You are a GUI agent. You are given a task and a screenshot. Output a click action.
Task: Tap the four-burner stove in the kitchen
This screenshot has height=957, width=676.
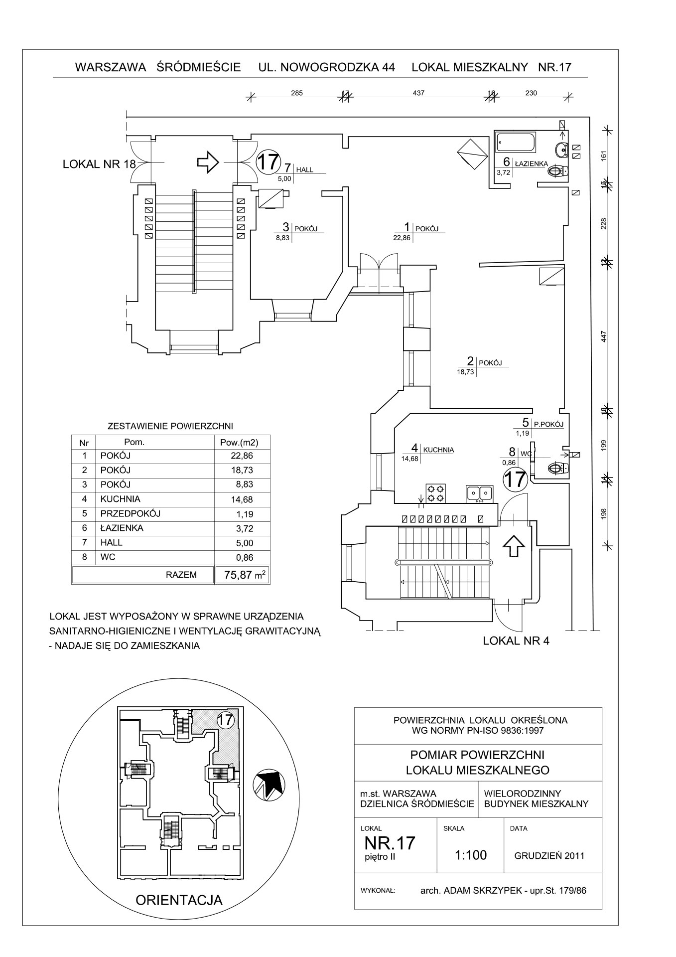[435, 492]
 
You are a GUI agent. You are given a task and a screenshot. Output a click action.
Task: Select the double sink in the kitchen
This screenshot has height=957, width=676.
[479, 492]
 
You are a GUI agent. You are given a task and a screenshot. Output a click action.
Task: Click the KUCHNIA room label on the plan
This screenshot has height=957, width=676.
[438, 450]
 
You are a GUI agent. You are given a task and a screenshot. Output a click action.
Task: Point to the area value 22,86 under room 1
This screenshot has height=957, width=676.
[402, 238]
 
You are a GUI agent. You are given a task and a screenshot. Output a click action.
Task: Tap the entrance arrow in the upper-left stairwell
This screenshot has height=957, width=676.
[208, 161]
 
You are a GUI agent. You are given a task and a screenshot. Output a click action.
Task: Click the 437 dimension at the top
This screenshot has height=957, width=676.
[418, 93]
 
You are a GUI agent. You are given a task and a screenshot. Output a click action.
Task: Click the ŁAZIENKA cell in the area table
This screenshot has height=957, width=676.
[122, 528]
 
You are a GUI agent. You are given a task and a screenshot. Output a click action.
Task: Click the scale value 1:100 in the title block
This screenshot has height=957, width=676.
[470, 855]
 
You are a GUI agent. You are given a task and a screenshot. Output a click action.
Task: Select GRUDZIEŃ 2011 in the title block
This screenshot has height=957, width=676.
[549, 856]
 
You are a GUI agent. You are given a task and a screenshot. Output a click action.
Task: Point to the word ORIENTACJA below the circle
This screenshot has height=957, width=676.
[179, 900]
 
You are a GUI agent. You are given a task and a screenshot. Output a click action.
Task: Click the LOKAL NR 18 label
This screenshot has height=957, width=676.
[99, 164]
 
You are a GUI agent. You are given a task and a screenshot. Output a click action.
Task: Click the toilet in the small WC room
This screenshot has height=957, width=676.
[557, 468]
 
